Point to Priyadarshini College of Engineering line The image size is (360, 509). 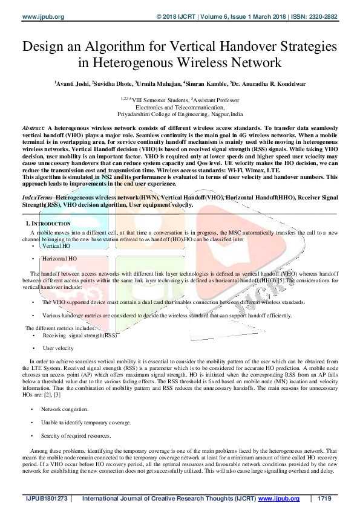point(180,114)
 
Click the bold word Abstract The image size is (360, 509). point(33,129)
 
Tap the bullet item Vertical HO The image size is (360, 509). point(56,246)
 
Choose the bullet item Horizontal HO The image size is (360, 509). point(59,259)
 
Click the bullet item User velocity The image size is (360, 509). point(58,348)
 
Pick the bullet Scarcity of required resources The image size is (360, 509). point(76,435)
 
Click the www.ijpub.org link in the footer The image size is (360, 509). point(279,499)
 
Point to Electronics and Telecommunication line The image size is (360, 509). point(180,106)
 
